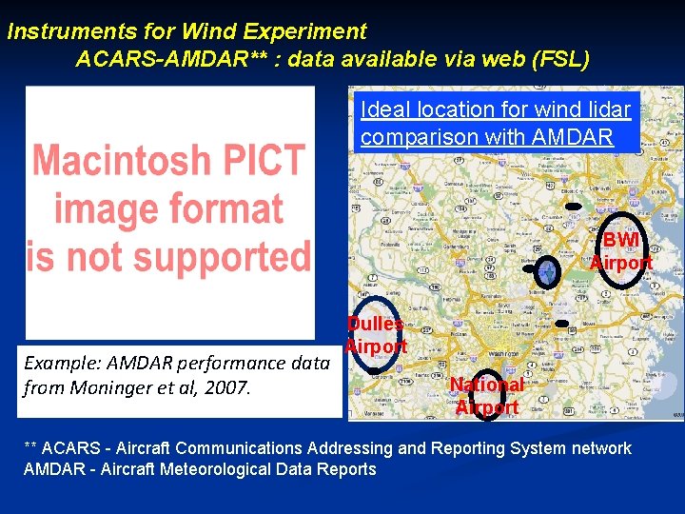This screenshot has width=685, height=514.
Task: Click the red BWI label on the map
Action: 620,240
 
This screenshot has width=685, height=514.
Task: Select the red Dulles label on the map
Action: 375,325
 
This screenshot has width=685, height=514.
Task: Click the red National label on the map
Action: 486,385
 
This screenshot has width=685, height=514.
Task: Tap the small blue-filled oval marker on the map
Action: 547,273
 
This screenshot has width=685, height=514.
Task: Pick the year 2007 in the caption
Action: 229,387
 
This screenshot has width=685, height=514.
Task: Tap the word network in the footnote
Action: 600,448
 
